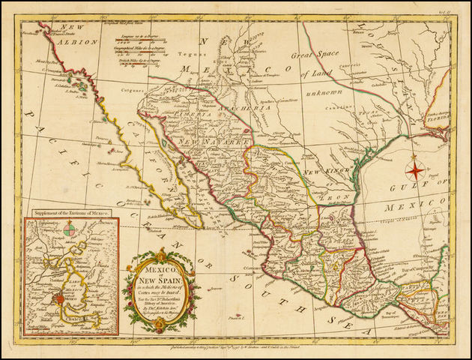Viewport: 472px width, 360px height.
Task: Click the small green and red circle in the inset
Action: coord(69,230)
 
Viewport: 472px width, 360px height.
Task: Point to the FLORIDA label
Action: coord(436,118)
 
